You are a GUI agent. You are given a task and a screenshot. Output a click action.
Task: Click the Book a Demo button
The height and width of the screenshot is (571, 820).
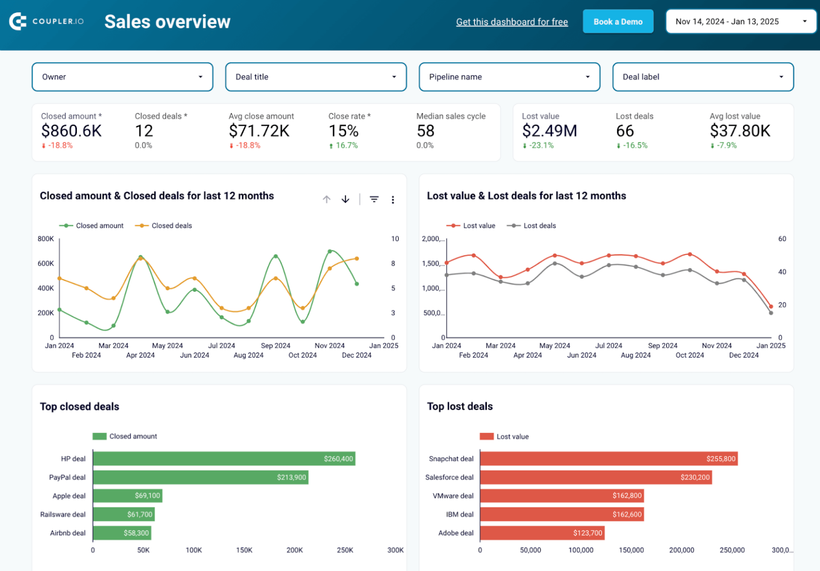point(618,22)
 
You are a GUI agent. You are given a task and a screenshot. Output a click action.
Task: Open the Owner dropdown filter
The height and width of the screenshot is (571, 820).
point(122,77)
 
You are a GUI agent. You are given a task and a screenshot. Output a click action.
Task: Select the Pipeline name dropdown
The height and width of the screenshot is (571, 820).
point(509,77)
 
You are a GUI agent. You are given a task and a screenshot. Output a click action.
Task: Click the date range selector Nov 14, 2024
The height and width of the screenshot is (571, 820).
point(740,22)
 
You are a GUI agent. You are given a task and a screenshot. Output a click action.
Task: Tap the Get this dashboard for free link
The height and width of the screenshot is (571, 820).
point(511,22)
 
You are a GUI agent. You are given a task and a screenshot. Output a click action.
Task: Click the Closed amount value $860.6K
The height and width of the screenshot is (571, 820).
point(71,131)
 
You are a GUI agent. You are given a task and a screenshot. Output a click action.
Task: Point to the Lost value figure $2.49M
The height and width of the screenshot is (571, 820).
point(549,131)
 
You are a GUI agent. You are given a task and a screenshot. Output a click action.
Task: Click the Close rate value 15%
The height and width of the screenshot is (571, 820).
point(343,131)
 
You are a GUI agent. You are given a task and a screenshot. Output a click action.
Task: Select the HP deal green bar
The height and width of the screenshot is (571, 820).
point(224,459)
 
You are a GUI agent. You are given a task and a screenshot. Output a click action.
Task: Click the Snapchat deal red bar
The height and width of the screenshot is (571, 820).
point(608,459)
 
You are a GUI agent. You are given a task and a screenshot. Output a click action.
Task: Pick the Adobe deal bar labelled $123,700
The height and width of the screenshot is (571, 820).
point(542,533)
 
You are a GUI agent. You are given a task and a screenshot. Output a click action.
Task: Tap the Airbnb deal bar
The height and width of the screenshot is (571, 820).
point(122,533)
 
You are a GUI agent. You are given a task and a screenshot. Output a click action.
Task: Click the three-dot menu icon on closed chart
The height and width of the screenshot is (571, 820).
point(393,199)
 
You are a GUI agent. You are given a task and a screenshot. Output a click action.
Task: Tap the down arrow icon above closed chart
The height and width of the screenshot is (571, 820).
point(345,199)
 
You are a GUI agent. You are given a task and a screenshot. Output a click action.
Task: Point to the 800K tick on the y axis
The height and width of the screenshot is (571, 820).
point(46,239)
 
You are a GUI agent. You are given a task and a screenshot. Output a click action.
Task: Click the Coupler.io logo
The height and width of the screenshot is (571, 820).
point(46,21)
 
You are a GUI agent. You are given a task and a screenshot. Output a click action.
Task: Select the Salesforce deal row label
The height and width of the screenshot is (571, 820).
point(449,477)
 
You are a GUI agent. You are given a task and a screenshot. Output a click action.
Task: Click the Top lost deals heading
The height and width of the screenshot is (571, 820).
point(460,406)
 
